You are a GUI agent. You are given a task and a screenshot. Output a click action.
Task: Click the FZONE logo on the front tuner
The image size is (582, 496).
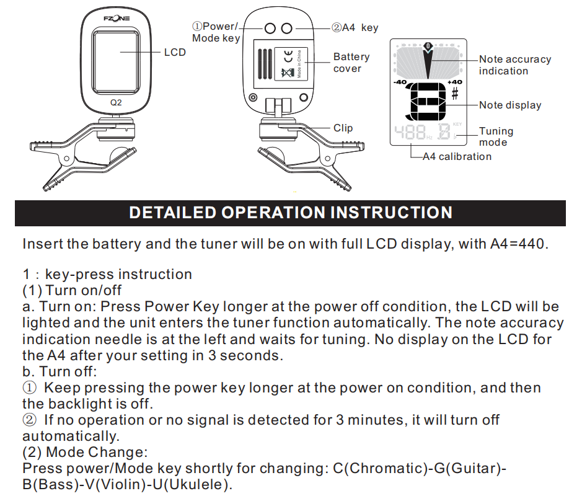coord(117,19)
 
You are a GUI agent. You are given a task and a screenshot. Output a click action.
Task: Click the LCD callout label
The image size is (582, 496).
coord(175,52)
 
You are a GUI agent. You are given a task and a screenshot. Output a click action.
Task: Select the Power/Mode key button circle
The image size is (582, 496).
coord(271,29)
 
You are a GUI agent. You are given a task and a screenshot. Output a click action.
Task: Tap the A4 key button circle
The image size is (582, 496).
coord(286,29)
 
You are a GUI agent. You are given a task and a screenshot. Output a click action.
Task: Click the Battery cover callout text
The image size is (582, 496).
coord(351,63)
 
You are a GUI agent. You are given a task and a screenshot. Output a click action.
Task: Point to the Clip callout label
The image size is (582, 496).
coord(343,128)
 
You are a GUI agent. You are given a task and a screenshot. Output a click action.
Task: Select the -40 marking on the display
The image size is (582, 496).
coord(400,82)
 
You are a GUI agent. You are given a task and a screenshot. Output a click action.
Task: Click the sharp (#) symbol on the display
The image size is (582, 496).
coord(455,94)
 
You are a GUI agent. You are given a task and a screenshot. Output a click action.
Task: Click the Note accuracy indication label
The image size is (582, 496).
coord(514,65)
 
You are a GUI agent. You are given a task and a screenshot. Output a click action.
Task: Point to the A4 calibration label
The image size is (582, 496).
coord(457,157)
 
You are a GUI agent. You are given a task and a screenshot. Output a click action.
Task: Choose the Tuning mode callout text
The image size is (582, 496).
coord(496,136)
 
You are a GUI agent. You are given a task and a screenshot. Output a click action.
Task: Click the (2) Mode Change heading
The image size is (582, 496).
coord(84,452)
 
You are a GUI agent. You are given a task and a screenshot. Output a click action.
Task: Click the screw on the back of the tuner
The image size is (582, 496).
coord(252,97)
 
